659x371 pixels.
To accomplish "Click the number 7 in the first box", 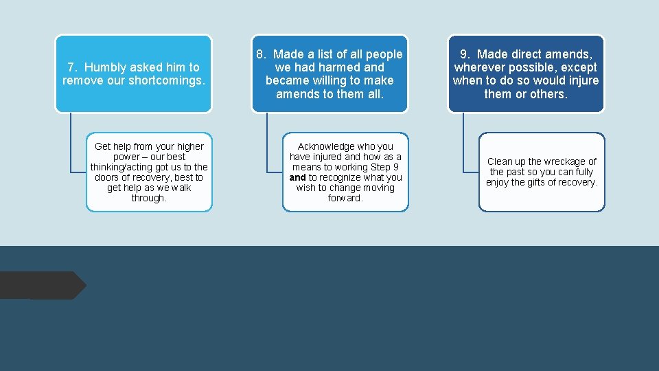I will (x=71, y=67).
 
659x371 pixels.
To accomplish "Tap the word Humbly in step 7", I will (x=106, y=67).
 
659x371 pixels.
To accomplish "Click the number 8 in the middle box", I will (x=260, y=54).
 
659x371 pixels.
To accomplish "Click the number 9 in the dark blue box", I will (x=464, y=54).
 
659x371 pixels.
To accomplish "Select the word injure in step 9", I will (x=581, y=80).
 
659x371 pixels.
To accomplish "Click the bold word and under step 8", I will (x=297, y=177).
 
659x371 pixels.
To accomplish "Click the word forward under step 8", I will (x=345, y=198).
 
